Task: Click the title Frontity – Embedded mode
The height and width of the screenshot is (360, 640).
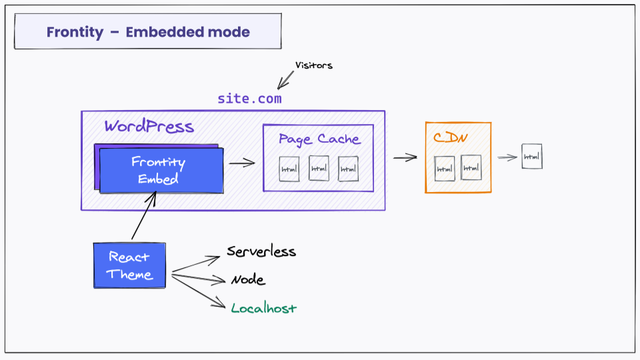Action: click(x=148, y=32)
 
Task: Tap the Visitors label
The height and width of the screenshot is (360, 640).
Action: click(x=313, y=65)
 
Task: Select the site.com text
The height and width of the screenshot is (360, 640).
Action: click(x=249, y=99)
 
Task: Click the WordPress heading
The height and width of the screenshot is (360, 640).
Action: click(x=149, y=127)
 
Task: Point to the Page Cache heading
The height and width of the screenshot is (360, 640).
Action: click(x=319, y=139)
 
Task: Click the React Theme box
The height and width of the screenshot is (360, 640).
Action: click(x=130, y=265)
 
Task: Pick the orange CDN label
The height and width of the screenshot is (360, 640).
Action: click(x=451, y=138)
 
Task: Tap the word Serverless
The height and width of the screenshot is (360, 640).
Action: click(x=261, y=252)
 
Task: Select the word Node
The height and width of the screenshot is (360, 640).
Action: click(x=248, y=280)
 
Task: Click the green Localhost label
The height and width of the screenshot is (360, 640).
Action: click(x=263, y=308)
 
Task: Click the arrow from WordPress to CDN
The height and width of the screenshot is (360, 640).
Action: click(x=405, y=158)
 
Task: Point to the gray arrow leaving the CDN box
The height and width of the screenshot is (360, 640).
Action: click(x=507, y=158)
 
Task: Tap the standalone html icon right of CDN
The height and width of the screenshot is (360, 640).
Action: click(x=531, y=156)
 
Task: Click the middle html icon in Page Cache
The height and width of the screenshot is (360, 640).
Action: click(x=319, y=168)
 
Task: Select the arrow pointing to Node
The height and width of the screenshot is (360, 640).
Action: click(x=200, y=277)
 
